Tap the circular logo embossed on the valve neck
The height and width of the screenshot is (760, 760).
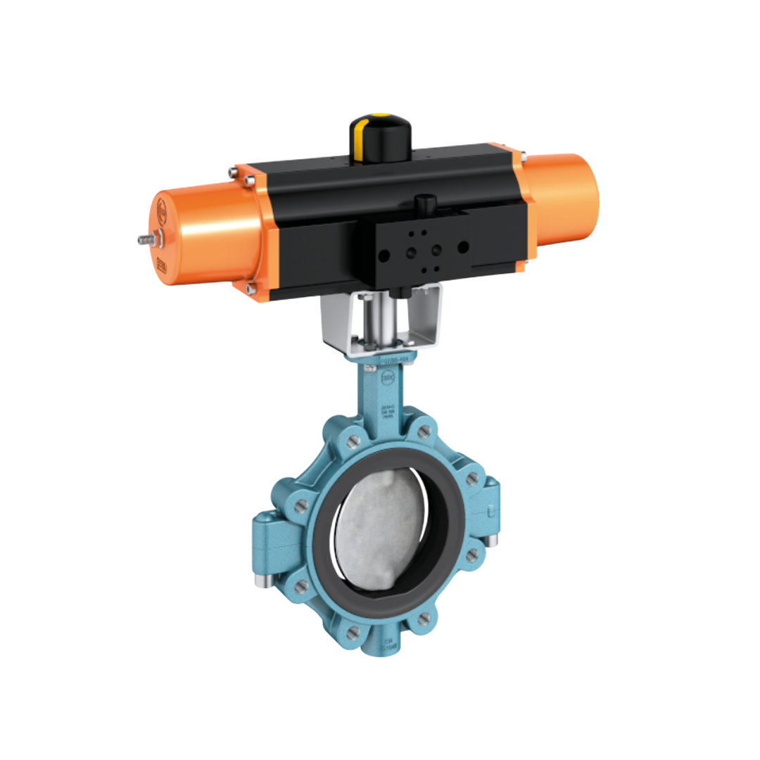(388, 379)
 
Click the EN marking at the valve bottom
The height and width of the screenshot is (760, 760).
(388, 642)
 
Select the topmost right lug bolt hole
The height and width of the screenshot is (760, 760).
(423, 432)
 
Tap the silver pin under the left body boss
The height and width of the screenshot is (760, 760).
(261, 581)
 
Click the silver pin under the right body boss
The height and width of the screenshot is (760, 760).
(493, 540)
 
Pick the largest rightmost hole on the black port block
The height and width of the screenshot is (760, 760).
(463, 247)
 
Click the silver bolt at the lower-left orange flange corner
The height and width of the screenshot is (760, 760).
(251, 289)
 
